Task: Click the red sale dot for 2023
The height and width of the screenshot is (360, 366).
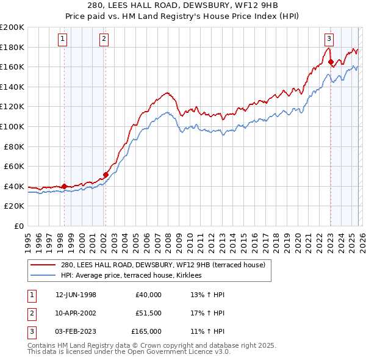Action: pos(330,62)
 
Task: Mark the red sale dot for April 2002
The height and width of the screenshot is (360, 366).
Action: pos(106,175)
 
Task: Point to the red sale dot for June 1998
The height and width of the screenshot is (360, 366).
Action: pos(64,186)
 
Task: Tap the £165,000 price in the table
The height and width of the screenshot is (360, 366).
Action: pos(146,331)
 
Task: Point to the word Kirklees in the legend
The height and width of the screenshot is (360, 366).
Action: pos(196,276)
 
